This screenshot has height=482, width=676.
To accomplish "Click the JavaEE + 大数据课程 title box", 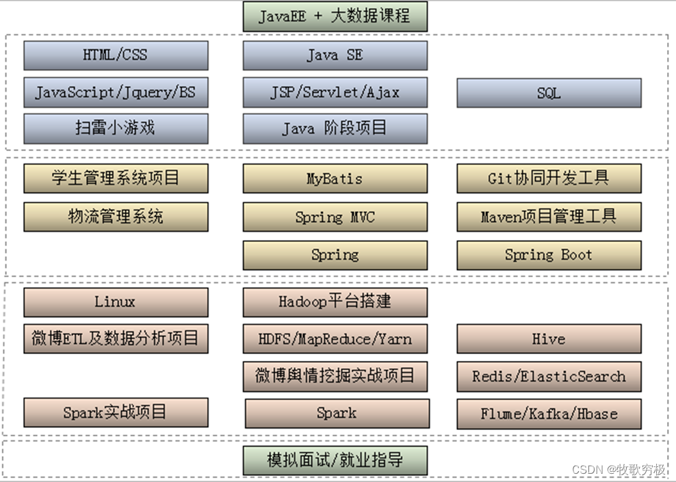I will [335, 16].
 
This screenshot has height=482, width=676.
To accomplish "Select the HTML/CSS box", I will [116, 55].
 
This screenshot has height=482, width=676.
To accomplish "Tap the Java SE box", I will [335, 55].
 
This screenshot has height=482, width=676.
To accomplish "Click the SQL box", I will [549, 93].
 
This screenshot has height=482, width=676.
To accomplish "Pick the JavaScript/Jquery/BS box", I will [116, 92].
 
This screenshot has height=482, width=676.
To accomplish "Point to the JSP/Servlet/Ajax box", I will [335, 92].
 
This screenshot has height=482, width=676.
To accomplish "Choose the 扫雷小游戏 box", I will [116, 129].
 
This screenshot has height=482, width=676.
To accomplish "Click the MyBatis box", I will [335, 179].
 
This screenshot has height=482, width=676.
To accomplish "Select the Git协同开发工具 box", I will [549, 179].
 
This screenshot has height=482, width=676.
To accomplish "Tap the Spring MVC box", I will [335, 217].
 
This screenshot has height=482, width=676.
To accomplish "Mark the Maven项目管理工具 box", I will [549, 217].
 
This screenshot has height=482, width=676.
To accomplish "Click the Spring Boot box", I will [549, 255].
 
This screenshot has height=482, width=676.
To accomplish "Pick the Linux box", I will [116, 302].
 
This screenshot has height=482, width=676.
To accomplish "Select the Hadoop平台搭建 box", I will [335, 302].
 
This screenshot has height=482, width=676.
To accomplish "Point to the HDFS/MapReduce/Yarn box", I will [335, 339].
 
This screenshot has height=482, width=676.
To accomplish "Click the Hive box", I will [549, 339].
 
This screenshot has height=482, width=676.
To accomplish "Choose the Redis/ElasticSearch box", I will [549, 377].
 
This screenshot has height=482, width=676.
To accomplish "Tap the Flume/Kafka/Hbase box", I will [549, 414].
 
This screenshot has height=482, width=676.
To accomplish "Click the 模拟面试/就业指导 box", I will [335, 460].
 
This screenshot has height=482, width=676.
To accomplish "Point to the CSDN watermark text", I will [619, 470].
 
